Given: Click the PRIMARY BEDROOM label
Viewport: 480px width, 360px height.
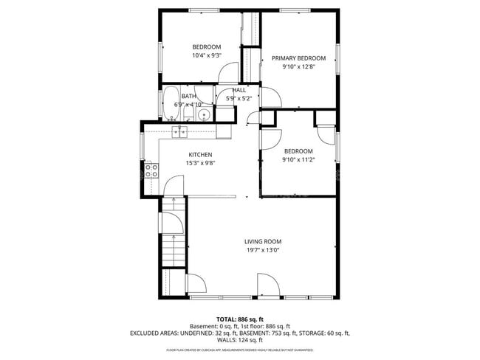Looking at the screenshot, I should pos(298,58).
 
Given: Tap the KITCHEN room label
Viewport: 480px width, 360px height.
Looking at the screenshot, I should pos(200,154).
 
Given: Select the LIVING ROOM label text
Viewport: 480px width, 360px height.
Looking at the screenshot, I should pos(263,241).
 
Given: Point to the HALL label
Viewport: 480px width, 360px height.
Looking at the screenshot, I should pos(239,90).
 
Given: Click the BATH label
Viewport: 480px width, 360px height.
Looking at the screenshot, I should pos(189,96).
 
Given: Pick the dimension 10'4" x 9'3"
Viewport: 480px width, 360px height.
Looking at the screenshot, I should pos(207,55).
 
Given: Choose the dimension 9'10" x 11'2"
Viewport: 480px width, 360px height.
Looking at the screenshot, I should pos(298,159).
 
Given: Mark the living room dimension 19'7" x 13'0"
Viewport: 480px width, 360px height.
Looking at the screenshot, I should pos(263,250).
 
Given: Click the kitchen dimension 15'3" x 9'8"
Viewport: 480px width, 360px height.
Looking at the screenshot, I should pos(200,163).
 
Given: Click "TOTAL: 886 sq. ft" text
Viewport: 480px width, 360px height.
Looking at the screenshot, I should pos(240,319).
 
